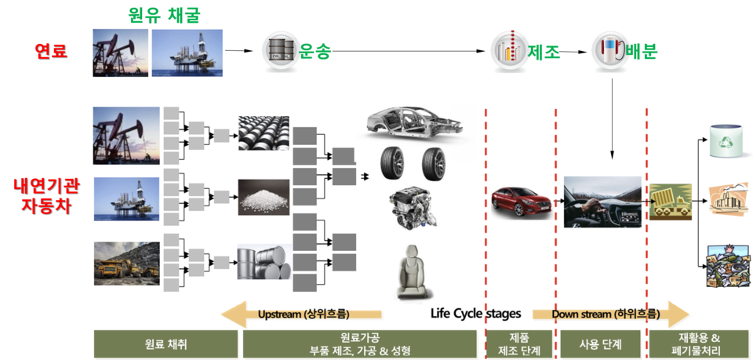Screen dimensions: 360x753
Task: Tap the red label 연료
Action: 51,53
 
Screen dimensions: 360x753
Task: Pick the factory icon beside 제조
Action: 506,52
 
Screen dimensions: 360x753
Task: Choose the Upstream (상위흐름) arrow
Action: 302,315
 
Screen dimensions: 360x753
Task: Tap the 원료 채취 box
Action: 166,344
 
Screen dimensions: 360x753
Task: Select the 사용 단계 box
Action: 599,344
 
